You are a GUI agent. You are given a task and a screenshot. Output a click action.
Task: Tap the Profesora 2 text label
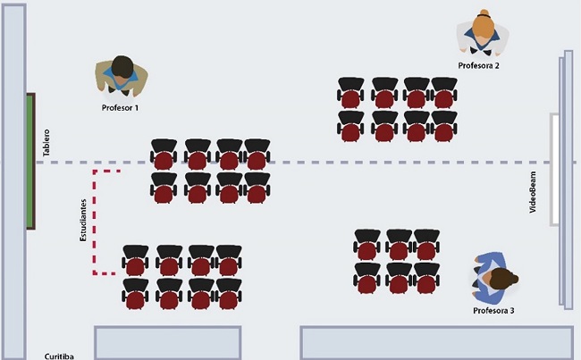coord(478,65)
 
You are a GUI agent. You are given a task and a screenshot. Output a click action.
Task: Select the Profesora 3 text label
coord(494,310)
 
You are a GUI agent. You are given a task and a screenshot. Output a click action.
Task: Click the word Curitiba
coord(59,356)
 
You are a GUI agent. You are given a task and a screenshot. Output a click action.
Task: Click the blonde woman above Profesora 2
coord(484,32)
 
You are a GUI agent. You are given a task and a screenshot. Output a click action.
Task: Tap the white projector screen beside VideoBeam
coord(555,170)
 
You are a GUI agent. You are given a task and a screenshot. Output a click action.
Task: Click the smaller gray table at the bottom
coord(167,342)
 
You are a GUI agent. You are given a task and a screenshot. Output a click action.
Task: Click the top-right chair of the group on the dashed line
coord(257,154)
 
